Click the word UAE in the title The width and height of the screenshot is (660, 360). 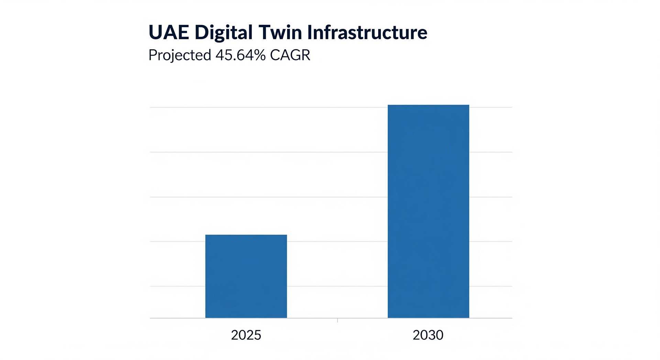coord(169,32)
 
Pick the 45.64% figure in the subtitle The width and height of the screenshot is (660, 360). coord(241,55)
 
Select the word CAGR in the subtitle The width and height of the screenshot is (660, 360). coord(290,55)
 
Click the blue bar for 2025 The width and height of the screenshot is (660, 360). coord(246,276)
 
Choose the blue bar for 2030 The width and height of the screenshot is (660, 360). coord(428,211)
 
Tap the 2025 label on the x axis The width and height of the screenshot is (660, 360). coord(246,335)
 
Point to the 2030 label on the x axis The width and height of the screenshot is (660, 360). coord(428,335)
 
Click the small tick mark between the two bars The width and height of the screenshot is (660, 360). coord(338,320)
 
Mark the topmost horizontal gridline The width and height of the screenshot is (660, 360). coord(331,107)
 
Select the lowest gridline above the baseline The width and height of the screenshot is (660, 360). coord(331,286)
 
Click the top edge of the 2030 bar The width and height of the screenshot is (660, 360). coord(428,105)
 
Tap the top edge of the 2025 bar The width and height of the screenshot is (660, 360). coord(246,235)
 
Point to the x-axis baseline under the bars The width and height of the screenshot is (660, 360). coord(331,318)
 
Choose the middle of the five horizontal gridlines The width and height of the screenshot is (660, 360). coord(331,197)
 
